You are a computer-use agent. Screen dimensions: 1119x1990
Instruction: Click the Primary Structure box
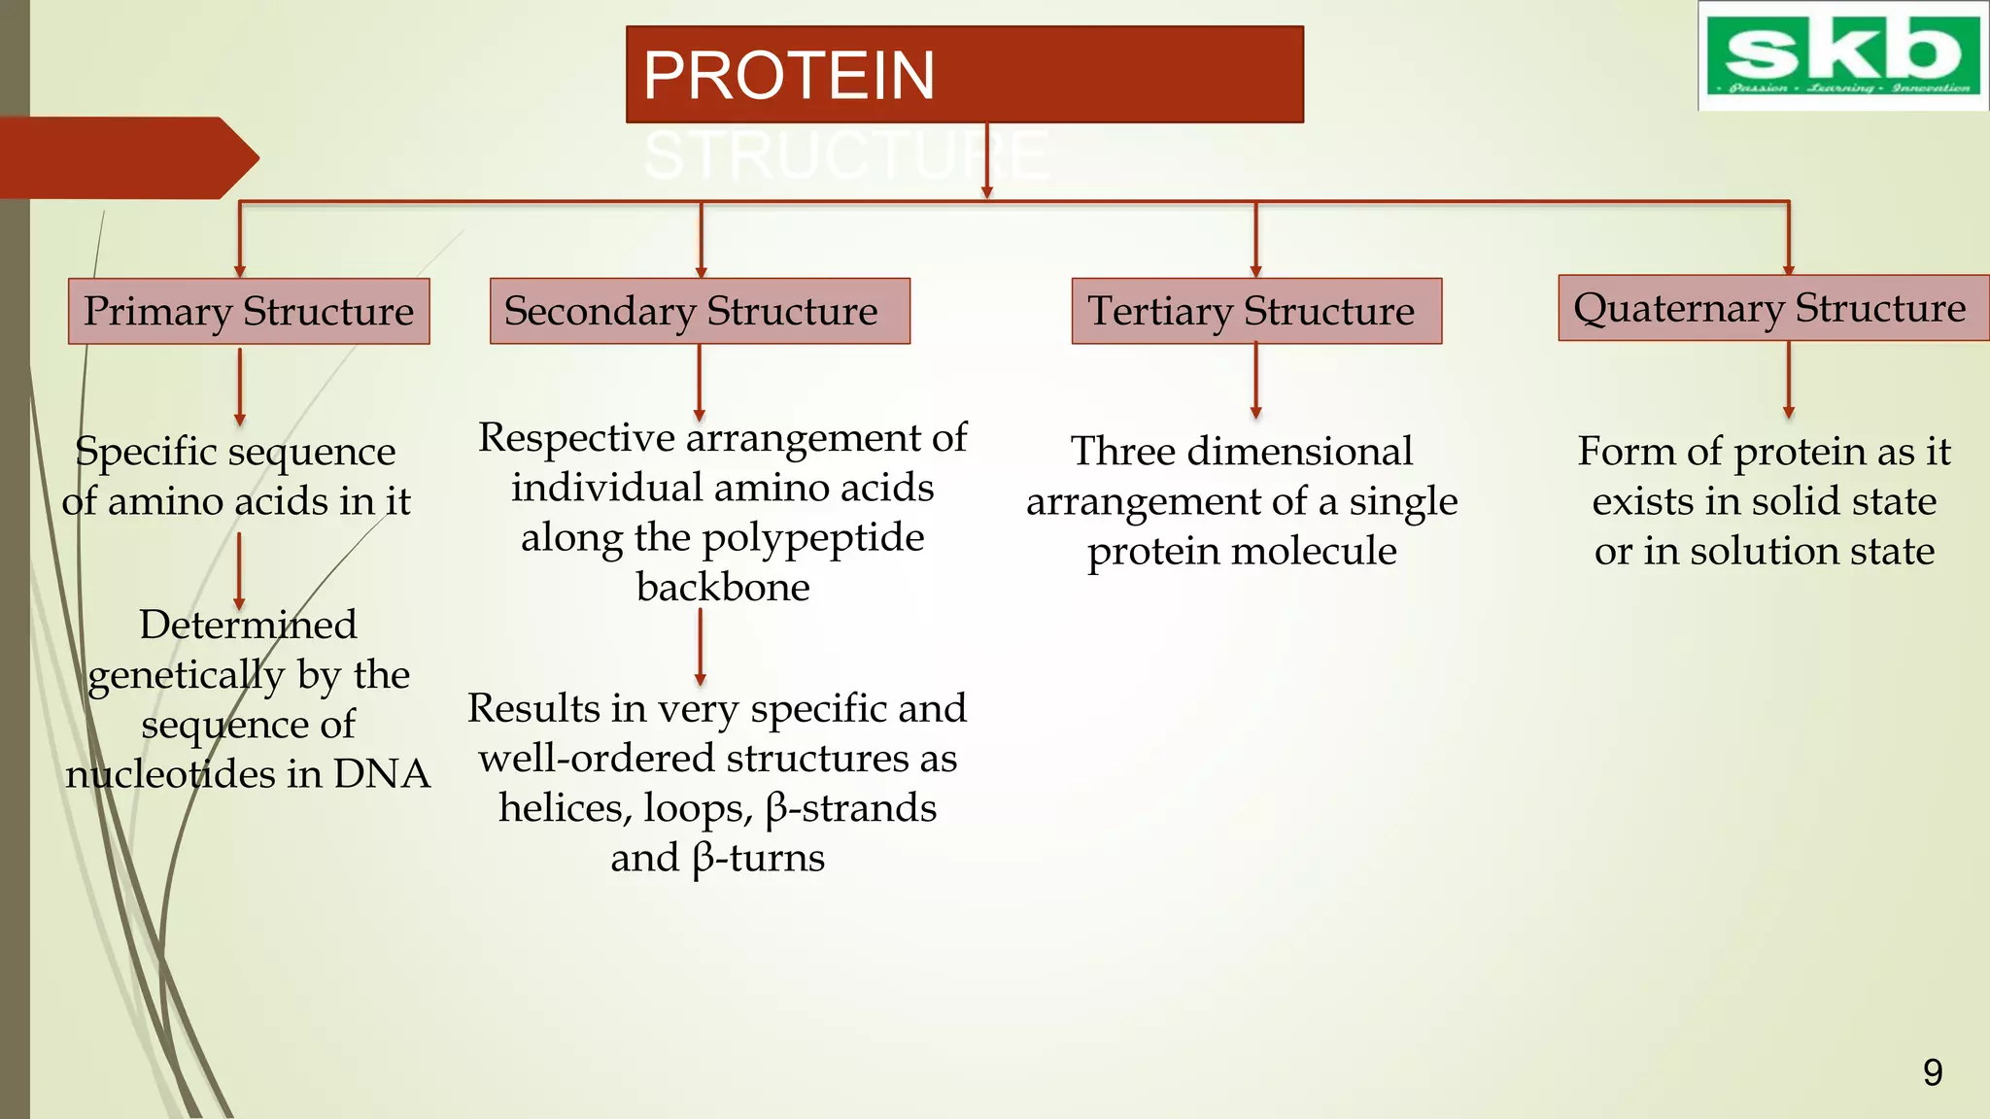click(249, 312)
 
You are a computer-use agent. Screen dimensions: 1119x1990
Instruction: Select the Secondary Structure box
click(700, 311)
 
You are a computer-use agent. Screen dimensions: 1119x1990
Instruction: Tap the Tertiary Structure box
click(1255, 311)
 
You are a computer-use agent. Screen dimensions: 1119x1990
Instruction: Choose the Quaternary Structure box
click(1772, 308)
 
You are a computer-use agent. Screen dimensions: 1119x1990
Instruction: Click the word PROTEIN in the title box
click(789, 76)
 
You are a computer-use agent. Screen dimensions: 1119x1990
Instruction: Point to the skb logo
click(1843, 56)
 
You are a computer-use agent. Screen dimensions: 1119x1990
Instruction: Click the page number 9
click(1933, 1072)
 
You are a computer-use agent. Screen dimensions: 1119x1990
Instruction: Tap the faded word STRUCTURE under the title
click(845, 155)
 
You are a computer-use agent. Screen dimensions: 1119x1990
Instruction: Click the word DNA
click(382, 774)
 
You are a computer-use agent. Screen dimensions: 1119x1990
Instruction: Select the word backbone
click(723, 587)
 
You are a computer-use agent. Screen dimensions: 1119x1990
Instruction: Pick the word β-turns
click(759, 858)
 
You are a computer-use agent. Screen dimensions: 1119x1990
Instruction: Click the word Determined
click(248, 625)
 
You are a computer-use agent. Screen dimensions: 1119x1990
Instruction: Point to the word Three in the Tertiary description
click(1123, 452)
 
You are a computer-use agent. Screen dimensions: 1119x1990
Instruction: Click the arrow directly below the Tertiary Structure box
click(1255, 381)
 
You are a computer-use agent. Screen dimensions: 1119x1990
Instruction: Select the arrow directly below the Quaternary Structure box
click(1788, 380)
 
